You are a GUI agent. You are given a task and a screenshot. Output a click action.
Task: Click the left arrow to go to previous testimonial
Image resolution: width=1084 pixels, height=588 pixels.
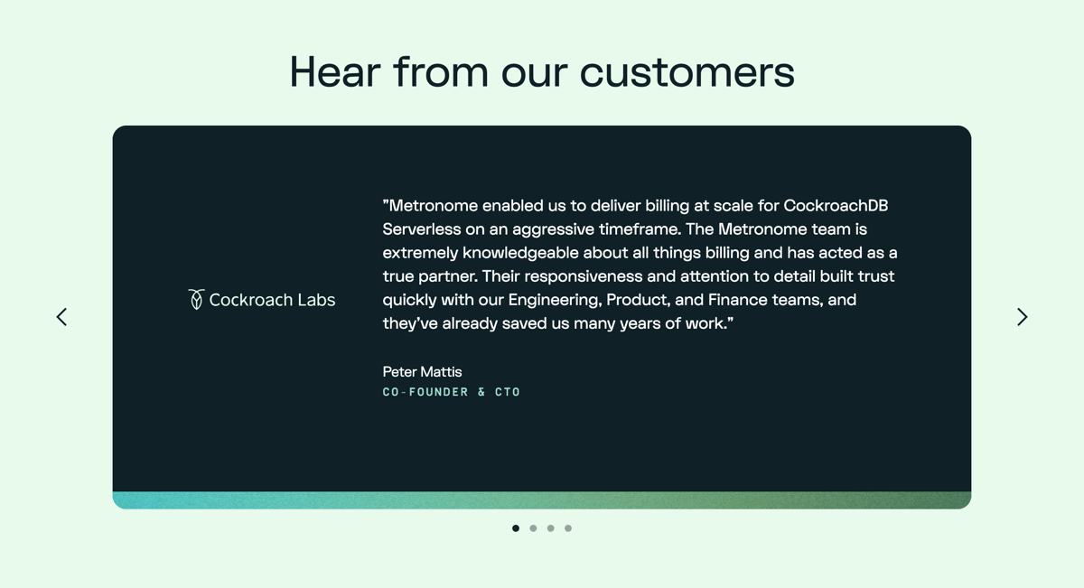[61, 317]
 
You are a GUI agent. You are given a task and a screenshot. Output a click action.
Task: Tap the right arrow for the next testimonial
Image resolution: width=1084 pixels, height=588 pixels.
[1022, 317]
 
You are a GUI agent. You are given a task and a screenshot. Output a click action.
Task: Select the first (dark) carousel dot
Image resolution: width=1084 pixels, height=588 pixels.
[516, 528]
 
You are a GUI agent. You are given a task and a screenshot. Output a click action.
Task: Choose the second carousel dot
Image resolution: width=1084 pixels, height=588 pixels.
[533, 528]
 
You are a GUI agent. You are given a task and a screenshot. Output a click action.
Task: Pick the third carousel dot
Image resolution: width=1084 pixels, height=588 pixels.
[550, 528]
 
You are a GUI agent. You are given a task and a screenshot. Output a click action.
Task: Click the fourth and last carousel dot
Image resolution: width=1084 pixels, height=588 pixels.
[568, 528]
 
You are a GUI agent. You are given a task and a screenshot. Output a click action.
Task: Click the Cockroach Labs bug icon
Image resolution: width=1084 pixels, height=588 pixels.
[196, 299]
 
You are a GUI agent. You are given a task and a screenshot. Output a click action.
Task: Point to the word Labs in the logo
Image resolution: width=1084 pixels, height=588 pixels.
[315, 300]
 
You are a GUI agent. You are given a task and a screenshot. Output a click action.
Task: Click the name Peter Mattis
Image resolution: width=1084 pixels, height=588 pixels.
[422, 371]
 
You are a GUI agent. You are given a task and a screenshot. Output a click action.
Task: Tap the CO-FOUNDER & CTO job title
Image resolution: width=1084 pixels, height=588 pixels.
[452, 392]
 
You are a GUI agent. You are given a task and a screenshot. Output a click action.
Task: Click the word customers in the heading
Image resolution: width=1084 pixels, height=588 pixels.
[687, 72]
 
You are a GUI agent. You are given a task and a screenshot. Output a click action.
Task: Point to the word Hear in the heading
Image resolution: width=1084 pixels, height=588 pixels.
[334, 72]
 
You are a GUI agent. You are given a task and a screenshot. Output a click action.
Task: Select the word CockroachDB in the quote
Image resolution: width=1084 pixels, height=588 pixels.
[836, 206]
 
